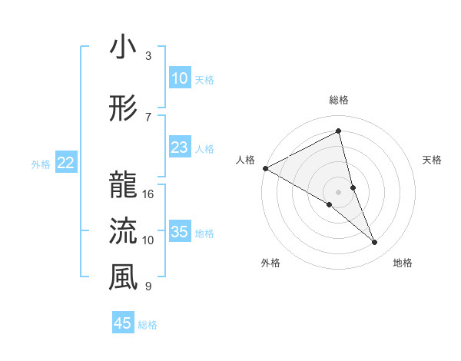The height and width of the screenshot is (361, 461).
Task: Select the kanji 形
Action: [x=123, y=109]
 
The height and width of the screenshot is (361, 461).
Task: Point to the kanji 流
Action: [x=123, y=230]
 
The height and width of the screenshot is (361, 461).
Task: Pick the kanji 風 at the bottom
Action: [x=123, y=277]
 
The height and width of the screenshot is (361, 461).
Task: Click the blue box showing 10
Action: [x=180, y=78]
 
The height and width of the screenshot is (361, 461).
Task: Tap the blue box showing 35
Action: [x=180, y=233]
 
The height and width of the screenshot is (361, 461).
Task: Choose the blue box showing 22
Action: [x=66, y=163]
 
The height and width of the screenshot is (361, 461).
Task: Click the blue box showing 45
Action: [x=123, y=323]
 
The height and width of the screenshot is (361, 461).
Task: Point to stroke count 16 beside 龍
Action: [x=148, y=194]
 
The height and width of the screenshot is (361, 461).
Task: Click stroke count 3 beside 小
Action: [x=148, y=56]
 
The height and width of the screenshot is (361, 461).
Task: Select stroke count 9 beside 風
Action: [x=148, y=286]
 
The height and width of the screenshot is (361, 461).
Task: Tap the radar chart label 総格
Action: [x=339, y=101]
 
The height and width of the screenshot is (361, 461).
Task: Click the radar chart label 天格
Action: [x=433, y=160]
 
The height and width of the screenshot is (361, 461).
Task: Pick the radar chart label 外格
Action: [x=270, y=263]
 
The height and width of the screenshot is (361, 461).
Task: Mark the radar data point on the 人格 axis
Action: [x=265, y=168]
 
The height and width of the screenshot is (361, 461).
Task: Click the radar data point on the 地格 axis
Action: [x=375, y=242]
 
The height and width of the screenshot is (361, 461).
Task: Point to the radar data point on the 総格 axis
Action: [x=339, y=131]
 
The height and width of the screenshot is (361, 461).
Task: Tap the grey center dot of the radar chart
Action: [x=339, y=191]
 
